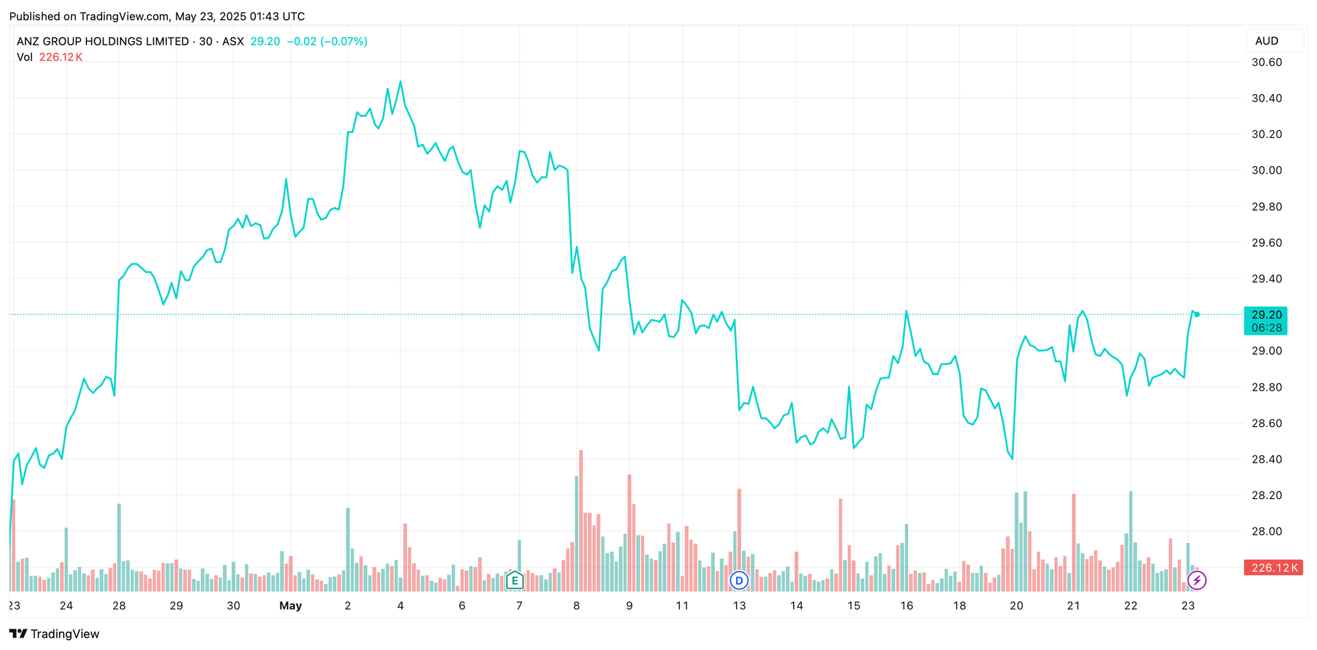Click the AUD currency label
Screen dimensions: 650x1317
[1266, 41]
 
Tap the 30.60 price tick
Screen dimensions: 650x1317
[1266, 62]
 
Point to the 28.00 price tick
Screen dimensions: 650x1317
[1266, 531]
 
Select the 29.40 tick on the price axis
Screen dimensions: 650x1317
[1266, 279]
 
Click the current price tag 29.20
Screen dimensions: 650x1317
[1266, 315]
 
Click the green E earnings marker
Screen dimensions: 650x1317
[514, 581]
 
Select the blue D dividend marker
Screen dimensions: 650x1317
[739, 581]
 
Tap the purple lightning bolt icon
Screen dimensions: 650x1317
[1196, 581]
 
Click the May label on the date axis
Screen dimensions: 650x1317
[290, 605]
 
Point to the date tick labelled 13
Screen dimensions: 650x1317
[739, 605]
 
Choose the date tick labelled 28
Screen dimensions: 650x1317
[119, 605]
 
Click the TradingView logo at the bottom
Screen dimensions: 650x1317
[55, 634]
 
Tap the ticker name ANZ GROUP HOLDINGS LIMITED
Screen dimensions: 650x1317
[103, 41]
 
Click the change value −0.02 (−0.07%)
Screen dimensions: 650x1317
[327, 41]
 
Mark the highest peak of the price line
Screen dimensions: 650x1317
[401, 82]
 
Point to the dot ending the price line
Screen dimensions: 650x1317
[1197, 314]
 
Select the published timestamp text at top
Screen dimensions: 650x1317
[157, 16]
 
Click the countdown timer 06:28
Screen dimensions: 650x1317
[1266, 328]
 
